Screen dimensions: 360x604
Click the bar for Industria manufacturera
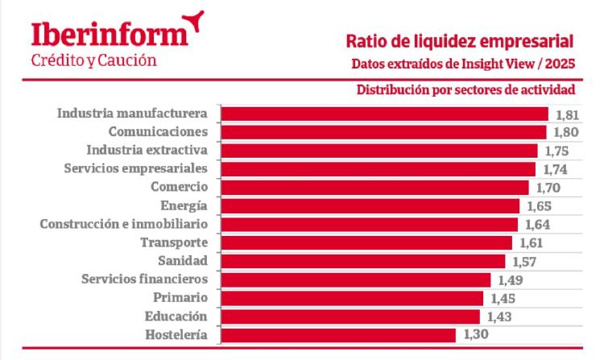(384, 114)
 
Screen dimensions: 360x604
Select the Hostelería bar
(338, 335)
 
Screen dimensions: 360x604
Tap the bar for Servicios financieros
(355, 279)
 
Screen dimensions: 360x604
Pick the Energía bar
(370, 206)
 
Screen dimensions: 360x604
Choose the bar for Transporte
(366, 242)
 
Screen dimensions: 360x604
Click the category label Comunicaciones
(159, 131)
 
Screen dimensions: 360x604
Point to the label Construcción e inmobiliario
(125, 223)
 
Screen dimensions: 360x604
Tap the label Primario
(181, 298)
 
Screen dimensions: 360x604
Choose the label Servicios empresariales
(136, 168)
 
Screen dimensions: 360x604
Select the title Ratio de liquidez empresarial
(459, 41)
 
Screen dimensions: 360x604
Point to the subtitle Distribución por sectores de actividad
(465, 89)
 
